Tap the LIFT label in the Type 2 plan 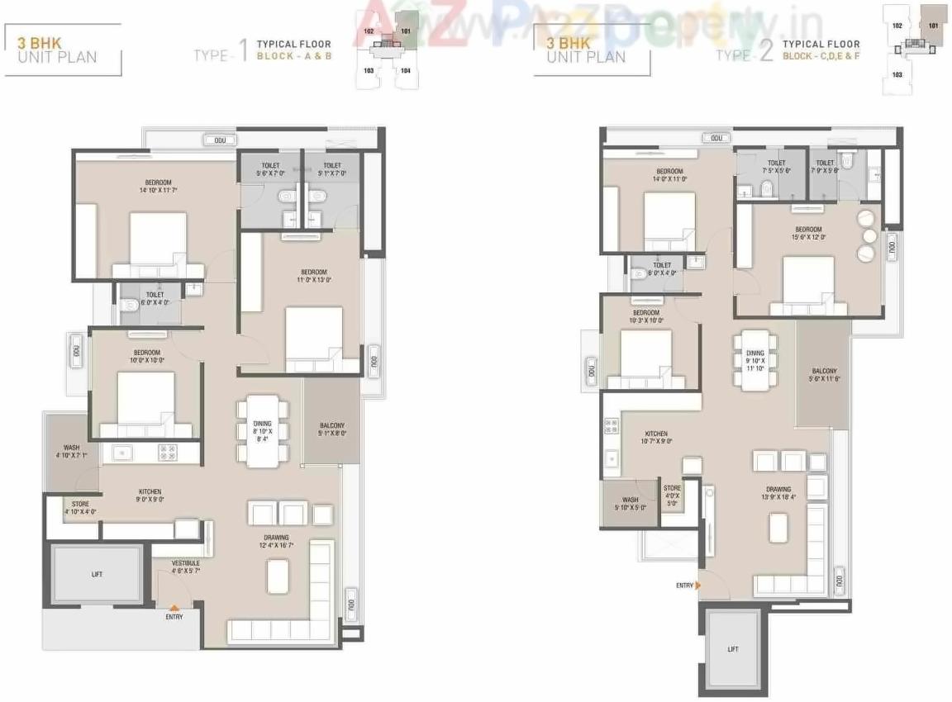[732, 649]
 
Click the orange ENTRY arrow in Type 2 [698, 585]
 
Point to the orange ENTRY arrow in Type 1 [174, 608]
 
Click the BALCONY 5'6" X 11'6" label [824, 375]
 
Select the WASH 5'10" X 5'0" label [630, 504]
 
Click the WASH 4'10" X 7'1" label [71, 451]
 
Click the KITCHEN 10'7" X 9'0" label [656, 438]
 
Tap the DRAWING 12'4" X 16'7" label [277, 542]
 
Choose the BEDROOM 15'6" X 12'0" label [808, 233]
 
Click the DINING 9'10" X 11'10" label [755, 361]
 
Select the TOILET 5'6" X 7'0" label [269, 169]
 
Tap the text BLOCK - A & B [293, 56]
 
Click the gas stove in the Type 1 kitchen [168, 453]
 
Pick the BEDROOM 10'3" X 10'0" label [645, 316]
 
